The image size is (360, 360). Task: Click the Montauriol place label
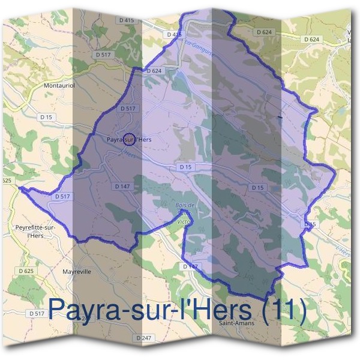coord(59,86)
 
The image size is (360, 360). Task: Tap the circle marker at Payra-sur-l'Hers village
coord(128,140)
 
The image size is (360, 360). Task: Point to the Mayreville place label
coord(77,271)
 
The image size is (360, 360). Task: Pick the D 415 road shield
coord(126,20)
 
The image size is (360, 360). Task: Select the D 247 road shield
coord(144,338)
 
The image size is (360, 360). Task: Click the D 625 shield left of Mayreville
coord(26,272)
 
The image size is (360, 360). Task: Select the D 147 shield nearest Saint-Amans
coord(190,266)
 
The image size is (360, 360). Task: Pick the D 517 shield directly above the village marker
coord(127,109)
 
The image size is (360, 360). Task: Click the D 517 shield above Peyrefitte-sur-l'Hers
coord(62,196)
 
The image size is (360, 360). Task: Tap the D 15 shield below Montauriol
coord(46,116)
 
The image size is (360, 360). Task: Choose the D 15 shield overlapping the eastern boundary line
coord(308,224)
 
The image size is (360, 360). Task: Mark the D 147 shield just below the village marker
coord(122,187)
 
